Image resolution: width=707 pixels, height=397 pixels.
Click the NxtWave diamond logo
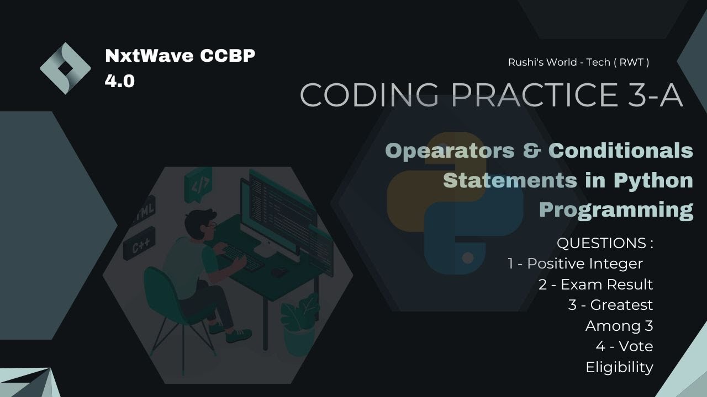point(65,68)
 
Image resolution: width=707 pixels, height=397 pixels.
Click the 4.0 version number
point(120,82)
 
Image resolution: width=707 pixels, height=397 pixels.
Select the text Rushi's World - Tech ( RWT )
point(578,62)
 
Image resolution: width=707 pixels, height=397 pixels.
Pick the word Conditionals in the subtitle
point(621,151)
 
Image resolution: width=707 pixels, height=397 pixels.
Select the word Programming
point(616,210)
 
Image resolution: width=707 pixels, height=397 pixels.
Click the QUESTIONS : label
point(605,243)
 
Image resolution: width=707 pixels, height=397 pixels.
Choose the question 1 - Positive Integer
point(575,264)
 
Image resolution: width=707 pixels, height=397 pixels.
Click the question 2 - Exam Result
point(595,285)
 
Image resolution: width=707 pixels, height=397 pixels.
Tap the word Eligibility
point(619,367)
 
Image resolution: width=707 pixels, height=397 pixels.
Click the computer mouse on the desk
point(278,271)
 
